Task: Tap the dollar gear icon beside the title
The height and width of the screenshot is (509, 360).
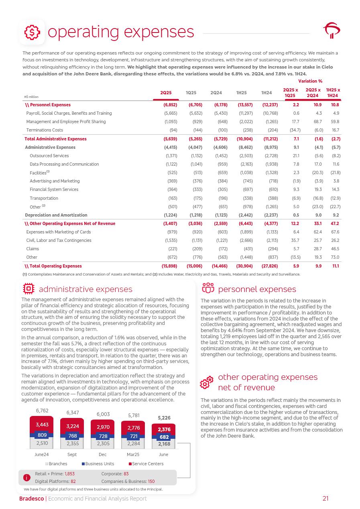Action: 32,32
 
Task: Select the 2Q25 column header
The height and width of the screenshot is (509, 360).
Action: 166,93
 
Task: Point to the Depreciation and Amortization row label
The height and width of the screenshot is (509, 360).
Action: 56,215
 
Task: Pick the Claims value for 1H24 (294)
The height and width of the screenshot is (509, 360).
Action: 273,249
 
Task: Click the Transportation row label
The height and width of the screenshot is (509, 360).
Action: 44,198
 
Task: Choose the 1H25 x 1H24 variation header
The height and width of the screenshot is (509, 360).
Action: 333,93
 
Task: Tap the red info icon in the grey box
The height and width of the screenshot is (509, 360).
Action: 27,477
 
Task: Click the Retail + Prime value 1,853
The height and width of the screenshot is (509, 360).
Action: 69,474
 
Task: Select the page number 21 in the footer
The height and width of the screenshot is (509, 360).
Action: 325,499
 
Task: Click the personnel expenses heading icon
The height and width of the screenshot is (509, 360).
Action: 208,289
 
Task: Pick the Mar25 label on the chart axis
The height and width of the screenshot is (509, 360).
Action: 133,454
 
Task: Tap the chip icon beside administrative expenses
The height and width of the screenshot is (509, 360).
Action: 29,289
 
